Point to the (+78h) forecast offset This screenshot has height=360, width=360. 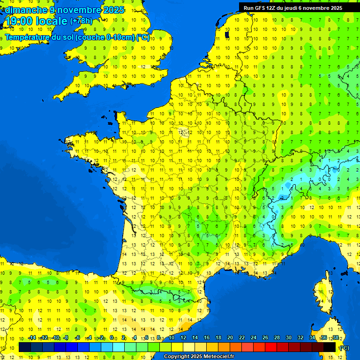81,21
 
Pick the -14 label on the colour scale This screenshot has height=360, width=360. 32,338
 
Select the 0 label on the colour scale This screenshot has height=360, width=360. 112,338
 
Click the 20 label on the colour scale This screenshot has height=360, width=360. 230,338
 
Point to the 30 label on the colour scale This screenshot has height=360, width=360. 289,338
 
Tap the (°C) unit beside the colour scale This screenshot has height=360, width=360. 344,347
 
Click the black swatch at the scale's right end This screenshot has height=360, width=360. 330,347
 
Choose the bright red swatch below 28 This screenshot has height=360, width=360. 271,347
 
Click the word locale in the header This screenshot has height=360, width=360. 50,21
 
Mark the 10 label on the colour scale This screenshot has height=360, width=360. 171,338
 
